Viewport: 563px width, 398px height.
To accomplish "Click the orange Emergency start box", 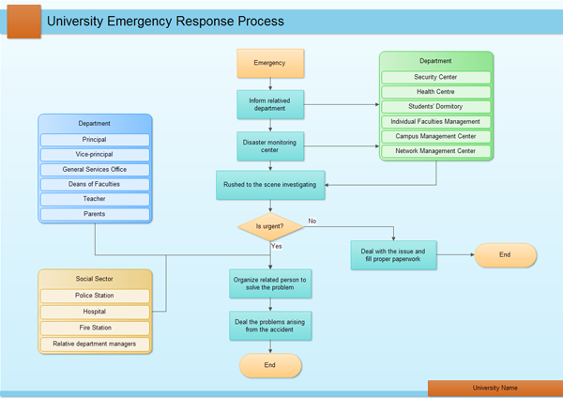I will (x=270, y=64).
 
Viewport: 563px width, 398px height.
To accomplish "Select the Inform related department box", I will (x=270, y=104).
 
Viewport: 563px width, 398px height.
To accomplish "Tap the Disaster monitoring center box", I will (x=270, y=145).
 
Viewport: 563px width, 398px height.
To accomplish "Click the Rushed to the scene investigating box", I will (x=270, y=185).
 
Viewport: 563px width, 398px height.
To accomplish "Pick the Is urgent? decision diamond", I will (x=270, y=226).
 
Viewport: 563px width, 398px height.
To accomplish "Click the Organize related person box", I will (x=270, y=283).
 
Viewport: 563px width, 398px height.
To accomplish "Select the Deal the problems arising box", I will (x=270, y=325).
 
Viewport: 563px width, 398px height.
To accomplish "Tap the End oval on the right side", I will (x=505, y=254).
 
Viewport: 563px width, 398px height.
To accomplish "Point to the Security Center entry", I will (x=435, y=77).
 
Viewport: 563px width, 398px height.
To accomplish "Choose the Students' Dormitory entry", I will (x=435, y=106).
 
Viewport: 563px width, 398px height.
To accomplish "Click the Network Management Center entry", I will (x=435, y=150).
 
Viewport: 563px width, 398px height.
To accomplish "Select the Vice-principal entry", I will (x=94, y=154).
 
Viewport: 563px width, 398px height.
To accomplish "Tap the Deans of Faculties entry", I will (x=94, y=184).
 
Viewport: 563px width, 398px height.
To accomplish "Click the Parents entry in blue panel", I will (x=94, y=214).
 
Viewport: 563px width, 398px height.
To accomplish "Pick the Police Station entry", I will (x=94, y=296).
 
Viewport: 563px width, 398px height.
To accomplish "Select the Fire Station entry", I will (x=94, y=328).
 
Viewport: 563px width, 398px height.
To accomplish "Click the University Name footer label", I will (x=495, y=388).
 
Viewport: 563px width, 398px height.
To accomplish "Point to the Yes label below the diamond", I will (x=277, y=246).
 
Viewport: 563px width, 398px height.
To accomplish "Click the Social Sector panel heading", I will (x=94, y=279).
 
